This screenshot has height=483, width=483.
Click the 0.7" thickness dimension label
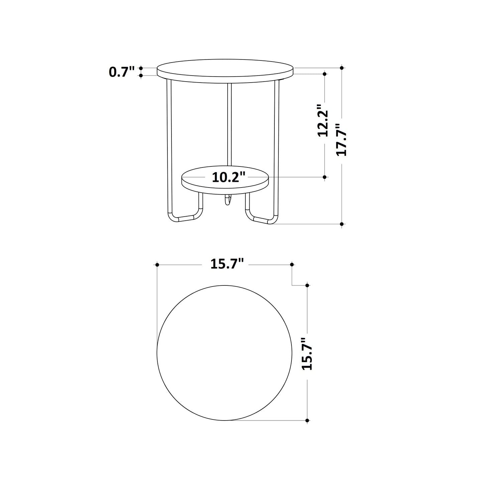[x=122, y=72]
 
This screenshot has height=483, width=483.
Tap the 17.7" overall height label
[x=341, y=140]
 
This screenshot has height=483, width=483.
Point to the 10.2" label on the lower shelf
[x=229, y=177]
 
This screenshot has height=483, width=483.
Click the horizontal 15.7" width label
[x=227, y=264]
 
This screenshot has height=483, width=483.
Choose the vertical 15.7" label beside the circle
[x=307, y=353]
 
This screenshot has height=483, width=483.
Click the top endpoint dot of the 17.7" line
[x=342, y=68]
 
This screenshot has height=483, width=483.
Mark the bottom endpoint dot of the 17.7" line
[x=342, y=223]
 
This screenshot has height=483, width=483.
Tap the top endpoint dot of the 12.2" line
[x=325, y=73]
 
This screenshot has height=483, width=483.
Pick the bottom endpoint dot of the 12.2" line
[x=325, y=177]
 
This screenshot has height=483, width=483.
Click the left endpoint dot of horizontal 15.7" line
[x=157, y=265]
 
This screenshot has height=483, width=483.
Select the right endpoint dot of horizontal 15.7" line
[x=292, y=264]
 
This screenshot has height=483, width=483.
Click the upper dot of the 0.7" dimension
[x=141, y=68]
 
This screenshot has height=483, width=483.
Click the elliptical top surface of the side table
[x=225, y=68]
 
